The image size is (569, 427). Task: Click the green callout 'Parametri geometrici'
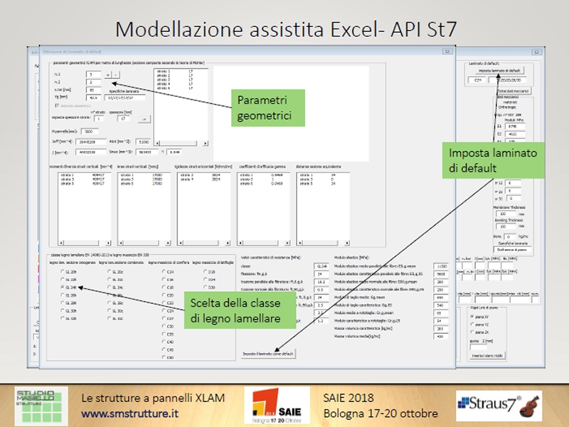(264, 107)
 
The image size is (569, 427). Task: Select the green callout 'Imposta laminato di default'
(493, 160)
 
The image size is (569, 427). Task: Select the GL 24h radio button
(63, 288)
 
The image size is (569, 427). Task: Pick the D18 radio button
(205, 272)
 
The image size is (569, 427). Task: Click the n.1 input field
(93, 74)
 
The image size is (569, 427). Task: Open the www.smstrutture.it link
(129, 413)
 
